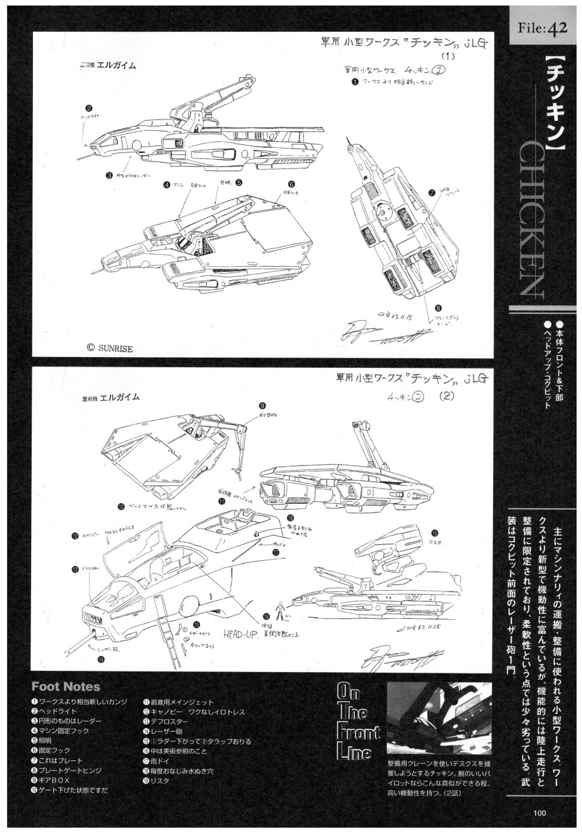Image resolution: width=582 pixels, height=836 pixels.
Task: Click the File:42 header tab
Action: tap(546, 27)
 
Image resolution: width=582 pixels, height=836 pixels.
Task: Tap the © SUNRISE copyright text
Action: tap(115, 347)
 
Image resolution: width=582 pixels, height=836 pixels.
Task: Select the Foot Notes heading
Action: tap(65, 687)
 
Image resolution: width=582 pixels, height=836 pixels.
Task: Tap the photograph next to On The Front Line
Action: tap(439, 718)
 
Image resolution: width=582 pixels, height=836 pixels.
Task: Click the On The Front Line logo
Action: tap(359, 721)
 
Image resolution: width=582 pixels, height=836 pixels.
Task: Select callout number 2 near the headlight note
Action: tap(89, 109)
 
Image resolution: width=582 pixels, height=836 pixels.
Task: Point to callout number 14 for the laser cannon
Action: tap(100, 659)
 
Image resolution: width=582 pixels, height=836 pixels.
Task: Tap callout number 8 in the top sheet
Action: tap(438, 308)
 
